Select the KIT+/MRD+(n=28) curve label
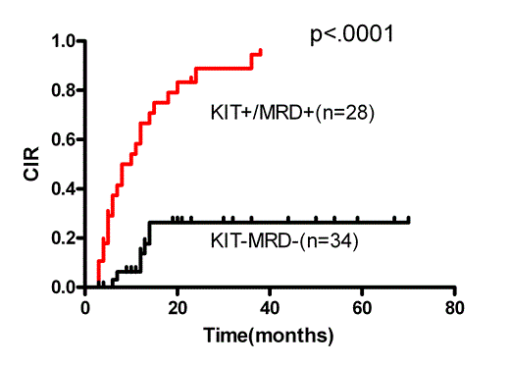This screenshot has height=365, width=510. point(293,112)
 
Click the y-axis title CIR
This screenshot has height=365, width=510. point(32,165)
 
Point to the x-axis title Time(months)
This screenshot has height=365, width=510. point(269,336)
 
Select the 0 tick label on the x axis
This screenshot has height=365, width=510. point(85,306)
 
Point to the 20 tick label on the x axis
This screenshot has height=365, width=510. point(178,306)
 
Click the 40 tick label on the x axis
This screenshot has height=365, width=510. point(270,306)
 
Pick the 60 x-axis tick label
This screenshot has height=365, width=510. point(362,306)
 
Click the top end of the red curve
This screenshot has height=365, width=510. point(261,50)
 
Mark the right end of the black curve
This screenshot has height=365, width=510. point(409,222)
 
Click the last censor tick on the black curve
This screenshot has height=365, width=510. point(408,220)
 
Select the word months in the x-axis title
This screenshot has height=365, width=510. point(296,336)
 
